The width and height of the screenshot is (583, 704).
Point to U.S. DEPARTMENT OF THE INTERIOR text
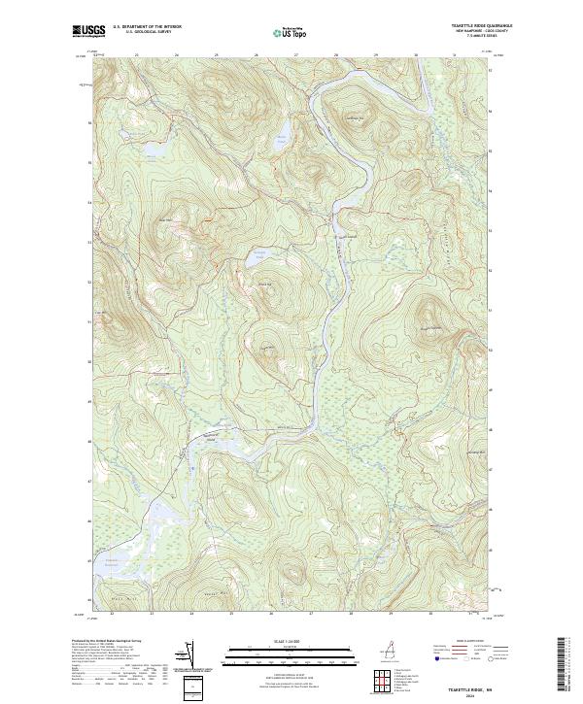[147, 26]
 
